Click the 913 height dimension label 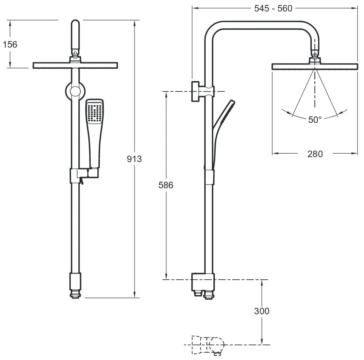pos(135,159)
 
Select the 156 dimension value pos(10,44)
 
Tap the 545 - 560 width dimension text pos(273,8)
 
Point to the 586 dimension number pos(166,185)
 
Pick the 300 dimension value pos(262,311)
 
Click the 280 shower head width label pos(315,154)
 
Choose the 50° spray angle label pos(314,120)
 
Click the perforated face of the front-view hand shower pos(94,112)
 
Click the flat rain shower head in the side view pos(315,66)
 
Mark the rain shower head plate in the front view pos(75,65)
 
